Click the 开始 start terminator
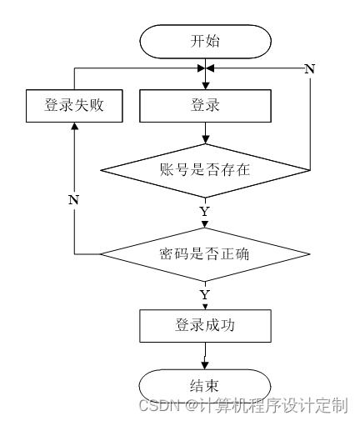pyautogui.click(x=205, y=42)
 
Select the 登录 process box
pyautogui.click(x=205, y=106)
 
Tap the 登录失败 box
pyautogui.click(x=74, y=106)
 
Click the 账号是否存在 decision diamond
pyautogui.click(x=205, y=170)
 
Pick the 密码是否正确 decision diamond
pyautogui.click(x=205, y=254)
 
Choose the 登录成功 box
pyautogui.click(x=205, y=326)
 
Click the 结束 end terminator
pyautogui.click(x=205, y=386)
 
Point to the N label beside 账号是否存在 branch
pyautogui.click(x=310, y=68)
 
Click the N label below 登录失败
pyautogui.click(x=73, y=200)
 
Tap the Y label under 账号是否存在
pyautogui.click(x=205, y=212)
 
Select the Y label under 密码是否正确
pyautogui.click(x=205, y=295)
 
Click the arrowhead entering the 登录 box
pyautogui.click(x=205, y=86)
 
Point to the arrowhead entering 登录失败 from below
pyautogui.click(x=74, y=126)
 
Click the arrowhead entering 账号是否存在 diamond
pyautogui.click(x=205, y=140)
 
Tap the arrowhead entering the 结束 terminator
pyautogui.click(x=205, y=366)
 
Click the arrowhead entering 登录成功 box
pyautogui.click(x=205, y=307)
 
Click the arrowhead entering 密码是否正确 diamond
pyautogui.click(x=205, y=224)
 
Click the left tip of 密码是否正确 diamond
pyautogui.click(x=101, y=254)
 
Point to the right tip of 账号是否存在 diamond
pyautogui.click(x=310, y=170)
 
